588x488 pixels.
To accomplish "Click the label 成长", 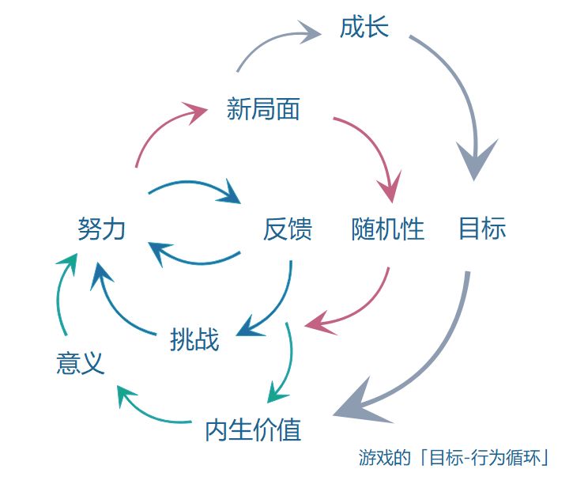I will pyautogui.click(x=364, y=28).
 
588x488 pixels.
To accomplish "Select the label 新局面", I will pyautogui.click(x=263, y=109).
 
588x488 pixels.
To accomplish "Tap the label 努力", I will pyautogui.click(x=102, y=229).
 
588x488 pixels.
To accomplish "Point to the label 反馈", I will pyautogui.click(x=288, y=229).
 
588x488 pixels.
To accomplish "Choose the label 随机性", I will pyautogui.click(x=388, y=229).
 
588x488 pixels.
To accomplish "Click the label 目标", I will pyautogui.click(x=482, y=229).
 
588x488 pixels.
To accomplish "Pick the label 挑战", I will pyautogui.click(x=194, y=340).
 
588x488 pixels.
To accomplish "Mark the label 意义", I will pyautogui.click(x=81, y=364).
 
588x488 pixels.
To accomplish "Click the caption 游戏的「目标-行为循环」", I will pyautogui.click(x=454, y=458).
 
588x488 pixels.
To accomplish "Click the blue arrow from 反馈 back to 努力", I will pyautogui.click(x=194, y=259).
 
